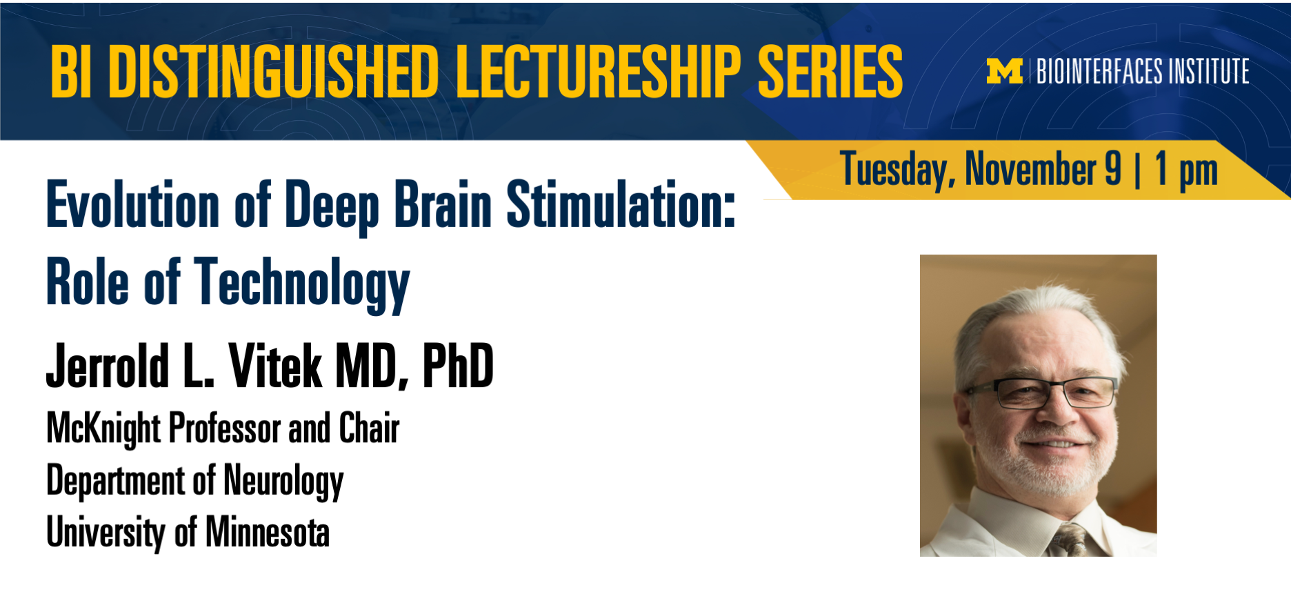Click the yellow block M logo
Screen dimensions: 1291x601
pos(1004,71)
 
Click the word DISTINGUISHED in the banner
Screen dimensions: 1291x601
pos(274,72)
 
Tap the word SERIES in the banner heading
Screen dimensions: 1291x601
pos(830,72)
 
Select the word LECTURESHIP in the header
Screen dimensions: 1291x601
pos(598,72)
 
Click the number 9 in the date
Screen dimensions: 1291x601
pos(1113,168)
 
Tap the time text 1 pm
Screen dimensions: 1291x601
pos(1186,170)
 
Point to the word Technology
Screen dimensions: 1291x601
pos(302,283)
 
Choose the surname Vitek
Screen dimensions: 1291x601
pos(275,366)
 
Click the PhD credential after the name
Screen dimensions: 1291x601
pos(457,366)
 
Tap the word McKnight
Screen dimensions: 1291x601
pos(103,428)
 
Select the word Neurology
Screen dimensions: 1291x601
pos(283,481)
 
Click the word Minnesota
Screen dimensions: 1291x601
pos(268,532)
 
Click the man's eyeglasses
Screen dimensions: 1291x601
pos(1043,391)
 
